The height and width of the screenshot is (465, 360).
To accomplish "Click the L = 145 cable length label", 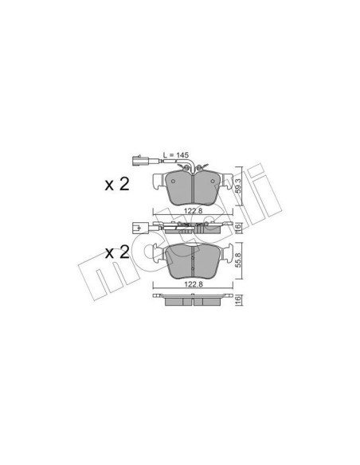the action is (x=176, y=154).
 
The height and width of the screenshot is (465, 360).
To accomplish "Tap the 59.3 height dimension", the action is (x=238, y=186).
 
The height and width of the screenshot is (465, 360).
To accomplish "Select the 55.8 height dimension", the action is (x=238, y=261).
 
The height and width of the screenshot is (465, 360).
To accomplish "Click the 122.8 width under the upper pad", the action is (x=193, y=211).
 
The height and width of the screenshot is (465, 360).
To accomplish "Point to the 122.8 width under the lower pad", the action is (x=193, y=284).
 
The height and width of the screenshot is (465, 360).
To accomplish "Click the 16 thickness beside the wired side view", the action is (x=238, y=228).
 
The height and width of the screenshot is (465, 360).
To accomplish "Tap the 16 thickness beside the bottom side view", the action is (x=238, y=300).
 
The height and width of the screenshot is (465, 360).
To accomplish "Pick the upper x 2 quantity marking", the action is (x=117, y=185).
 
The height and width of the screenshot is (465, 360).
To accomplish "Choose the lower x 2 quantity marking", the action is (x=117, y=260).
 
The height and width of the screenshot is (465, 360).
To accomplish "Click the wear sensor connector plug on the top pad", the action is (x=136, y=161).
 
